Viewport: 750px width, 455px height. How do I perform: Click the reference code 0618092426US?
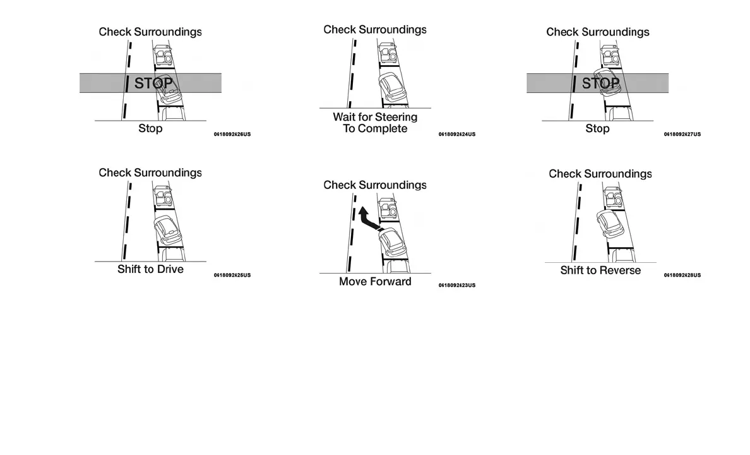(232, 135)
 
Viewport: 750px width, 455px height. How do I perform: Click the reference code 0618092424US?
(457, 135)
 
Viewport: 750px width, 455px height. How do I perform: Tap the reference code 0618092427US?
(682, 135)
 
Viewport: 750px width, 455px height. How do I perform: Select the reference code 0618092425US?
(232, 276)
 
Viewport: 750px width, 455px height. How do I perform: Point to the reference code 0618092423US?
(457, 286)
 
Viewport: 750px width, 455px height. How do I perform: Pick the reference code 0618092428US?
(682, 276)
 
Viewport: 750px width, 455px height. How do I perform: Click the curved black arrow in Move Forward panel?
(368, 220)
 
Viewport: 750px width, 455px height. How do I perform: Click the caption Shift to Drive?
(150, 269)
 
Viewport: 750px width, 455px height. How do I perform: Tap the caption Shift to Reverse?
(600, 270)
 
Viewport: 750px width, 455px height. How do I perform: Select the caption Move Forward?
(375, 282)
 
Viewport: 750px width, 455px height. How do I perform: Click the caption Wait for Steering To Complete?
(375, 123)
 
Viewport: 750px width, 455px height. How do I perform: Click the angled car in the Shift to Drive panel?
(167, 231)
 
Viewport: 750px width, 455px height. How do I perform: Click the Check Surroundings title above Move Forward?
(375, 185)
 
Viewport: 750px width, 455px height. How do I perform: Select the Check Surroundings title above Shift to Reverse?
(600, 174)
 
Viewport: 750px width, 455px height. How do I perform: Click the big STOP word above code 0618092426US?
(153, 83)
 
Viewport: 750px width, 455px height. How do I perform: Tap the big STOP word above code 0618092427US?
(600, 83)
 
